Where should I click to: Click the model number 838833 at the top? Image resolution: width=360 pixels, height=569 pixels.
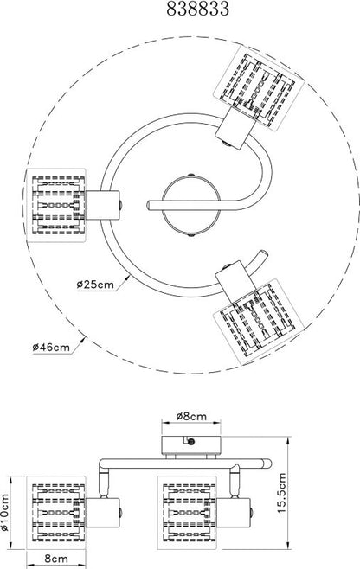198,9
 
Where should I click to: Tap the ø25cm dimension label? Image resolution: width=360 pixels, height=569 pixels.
95,284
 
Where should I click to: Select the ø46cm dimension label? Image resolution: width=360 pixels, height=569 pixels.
51,347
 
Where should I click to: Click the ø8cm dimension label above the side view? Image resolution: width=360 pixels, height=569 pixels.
191,416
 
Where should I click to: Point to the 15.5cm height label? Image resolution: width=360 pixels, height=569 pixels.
282,492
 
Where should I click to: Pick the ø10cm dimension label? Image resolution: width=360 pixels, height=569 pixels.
4,512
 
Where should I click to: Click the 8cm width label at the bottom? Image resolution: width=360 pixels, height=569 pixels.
56,559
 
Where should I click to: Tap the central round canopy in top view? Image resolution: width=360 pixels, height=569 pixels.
191,205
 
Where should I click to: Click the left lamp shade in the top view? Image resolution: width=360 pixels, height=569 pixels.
56,205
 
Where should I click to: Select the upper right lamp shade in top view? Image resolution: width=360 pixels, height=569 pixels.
258,86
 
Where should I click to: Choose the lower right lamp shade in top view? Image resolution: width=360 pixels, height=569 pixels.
258,323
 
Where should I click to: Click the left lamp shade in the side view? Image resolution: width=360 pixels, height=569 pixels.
56,513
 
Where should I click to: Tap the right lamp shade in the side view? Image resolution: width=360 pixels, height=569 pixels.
187,513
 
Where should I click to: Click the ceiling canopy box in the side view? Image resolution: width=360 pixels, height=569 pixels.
191,444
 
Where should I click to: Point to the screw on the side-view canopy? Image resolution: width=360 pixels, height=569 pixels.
191,442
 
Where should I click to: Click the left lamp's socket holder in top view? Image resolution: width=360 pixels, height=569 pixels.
102,205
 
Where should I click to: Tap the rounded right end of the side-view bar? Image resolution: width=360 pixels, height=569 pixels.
267,464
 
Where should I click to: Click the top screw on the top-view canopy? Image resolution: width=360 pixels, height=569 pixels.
191,176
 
